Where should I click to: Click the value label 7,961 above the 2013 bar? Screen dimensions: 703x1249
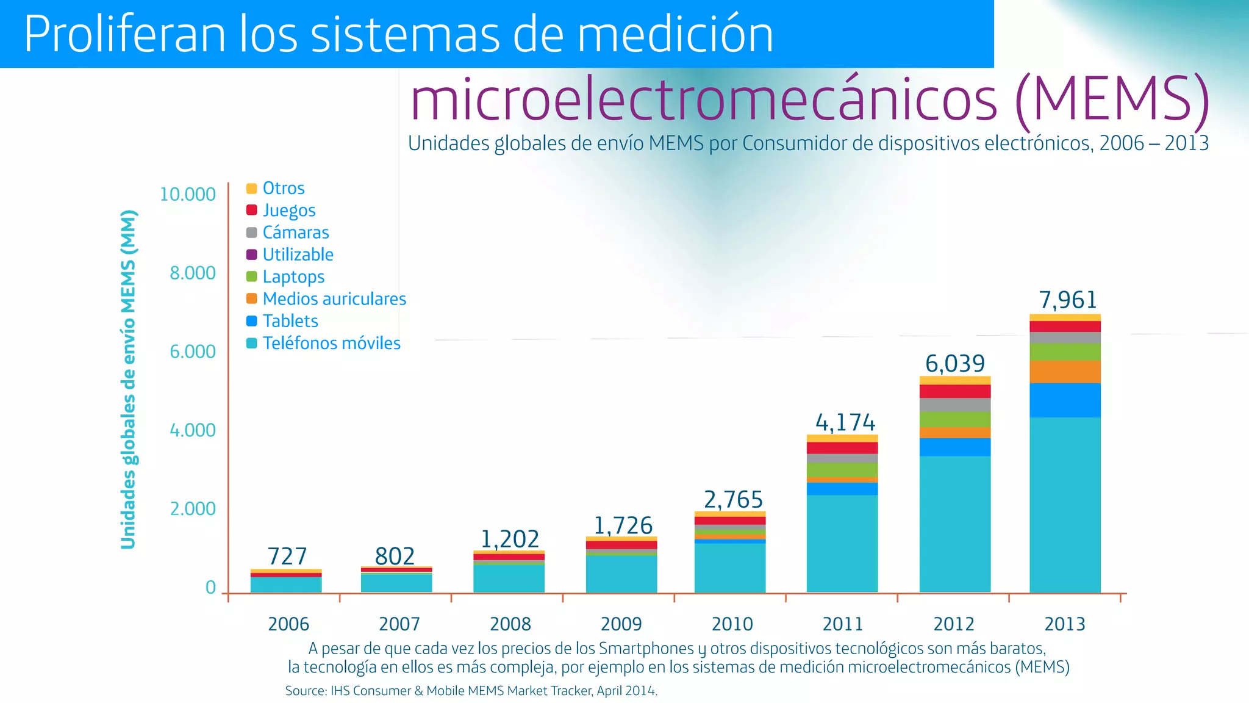(x=1068, y=300)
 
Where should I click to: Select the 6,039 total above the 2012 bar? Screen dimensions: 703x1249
(x=954, y=364)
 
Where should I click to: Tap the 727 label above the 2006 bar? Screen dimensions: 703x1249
(x=287, y=557)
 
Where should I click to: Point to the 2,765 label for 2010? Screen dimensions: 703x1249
(x=733, y=500)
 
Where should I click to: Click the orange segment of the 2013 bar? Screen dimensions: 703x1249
(x=1065, y=372)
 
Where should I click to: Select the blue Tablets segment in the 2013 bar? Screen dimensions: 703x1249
(x=1065, y=400)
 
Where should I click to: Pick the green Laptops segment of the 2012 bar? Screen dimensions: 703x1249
(x=954, y=419)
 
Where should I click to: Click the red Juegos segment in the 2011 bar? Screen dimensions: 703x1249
(x=842, y=448)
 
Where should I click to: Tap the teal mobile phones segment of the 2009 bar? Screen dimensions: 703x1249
(x=621, y=573)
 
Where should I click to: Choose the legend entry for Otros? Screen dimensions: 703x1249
(x=283, y=188)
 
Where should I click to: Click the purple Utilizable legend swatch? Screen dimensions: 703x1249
(x=251, y=254)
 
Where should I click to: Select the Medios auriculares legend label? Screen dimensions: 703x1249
(x=334, y=299)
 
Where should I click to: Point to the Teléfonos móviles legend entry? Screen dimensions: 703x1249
(x=331, y=343)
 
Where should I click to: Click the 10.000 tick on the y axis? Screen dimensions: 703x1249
(x=188, y=195)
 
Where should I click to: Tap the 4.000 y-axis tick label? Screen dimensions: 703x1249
(x=193, y=430)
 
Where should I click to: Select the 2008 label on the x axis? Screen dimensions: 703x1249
(x=510, y=624)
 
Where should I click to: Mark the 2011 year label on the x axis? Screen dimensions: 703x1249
(x=843, y=624)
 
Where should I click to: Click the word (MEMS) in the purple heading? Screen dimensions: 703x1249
(x=1112, y=99)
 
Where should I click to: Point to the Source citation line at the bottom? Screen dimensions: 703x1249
(x=471, y=691)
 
